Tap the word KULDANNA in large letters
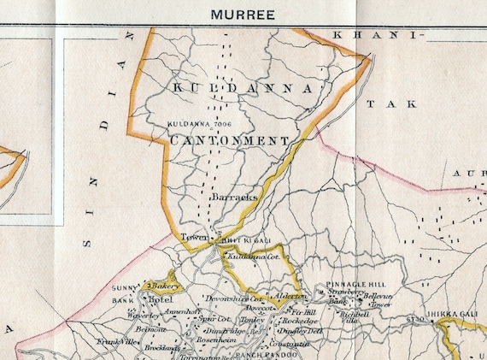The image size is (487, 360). coord(238,89)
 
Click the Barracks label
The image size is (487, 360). coord(233,197)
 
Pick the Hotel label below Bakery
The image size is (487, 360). coord(160,301)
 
